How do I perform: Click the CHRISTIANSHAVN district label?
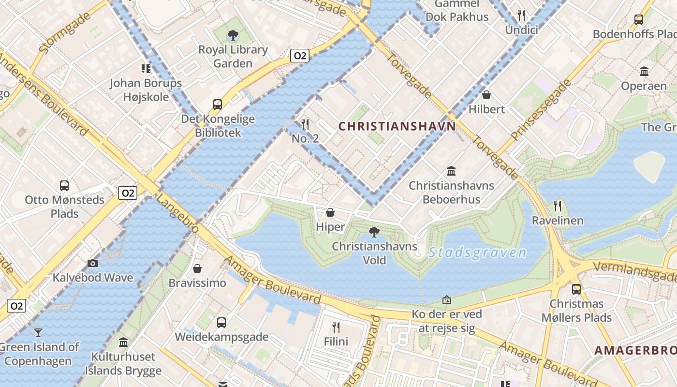click(397, 127)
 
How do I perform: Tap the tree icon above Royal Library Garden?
click(233, 35)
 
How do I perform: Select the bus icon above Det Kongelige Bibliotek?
click(218, 104)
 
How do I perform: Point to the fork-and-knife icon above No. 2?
click(305, 124)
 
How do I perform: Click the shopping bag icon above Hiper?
click(330, 212)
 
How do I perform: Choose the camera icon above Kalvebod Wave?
click(93, 263)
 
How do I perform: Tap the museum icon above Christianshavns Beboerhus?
click(451, 171)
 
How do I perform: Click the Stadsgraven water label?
click(477, 253)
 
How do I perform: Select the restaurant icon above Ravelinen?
click(558, 206)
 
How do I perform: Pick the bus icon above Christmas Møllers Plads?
click(576, 289)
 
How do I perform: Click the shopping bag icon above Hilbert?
click(486, 95)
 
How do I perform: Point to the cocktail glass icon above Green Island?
click(38, 332)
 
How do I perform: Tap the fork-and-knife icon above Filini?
click(336, 327)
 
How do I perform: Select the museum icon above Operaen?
click(644, 72)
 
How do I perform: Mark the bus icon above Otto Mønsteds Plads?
click(64, 185)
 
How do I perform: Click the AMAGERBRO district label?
click(635, 350)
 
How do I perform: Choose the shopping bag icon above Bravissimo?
click(197, 268)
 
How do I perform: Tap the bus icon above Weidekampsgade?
click(221, 322)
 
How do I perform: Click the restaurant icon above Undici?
click(521, 15)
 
